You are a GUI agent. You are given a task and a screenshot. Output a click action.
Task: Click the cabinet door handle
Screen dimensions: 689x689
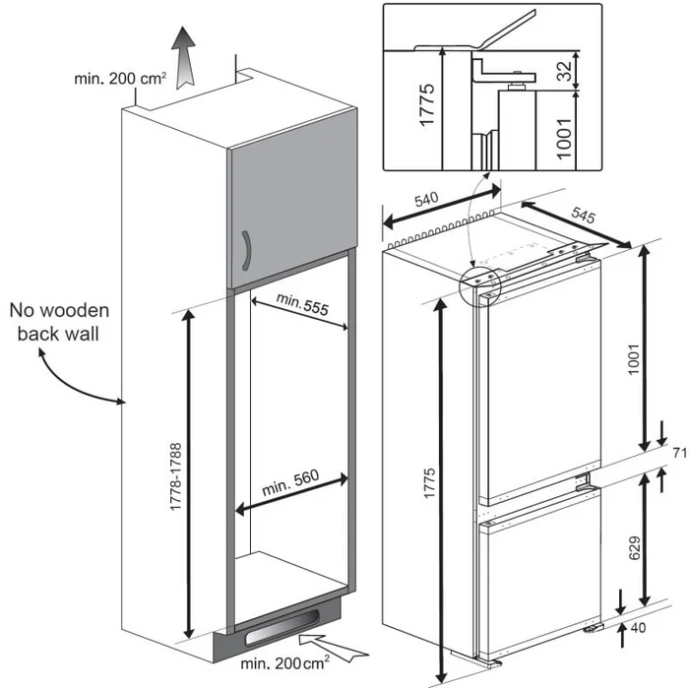247,253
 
